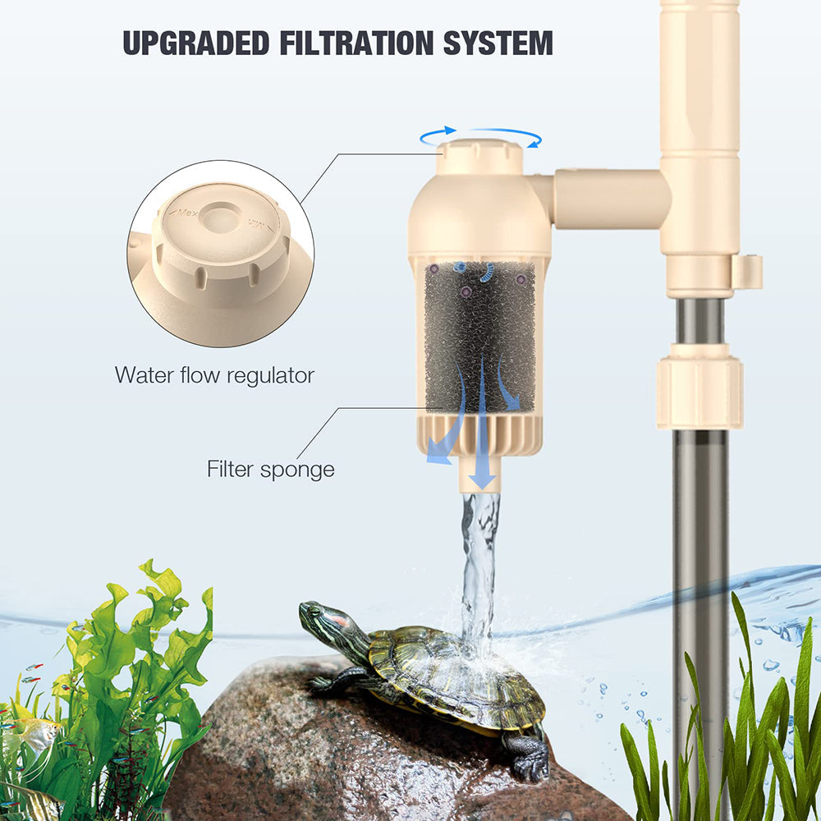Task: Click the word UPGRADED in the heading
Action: [195, 42]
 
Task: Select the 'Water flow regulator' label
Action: [214, 376]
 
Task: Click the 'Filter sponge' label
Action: [270, 470]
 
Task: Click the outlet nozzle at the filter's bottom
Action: [479, 476]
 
